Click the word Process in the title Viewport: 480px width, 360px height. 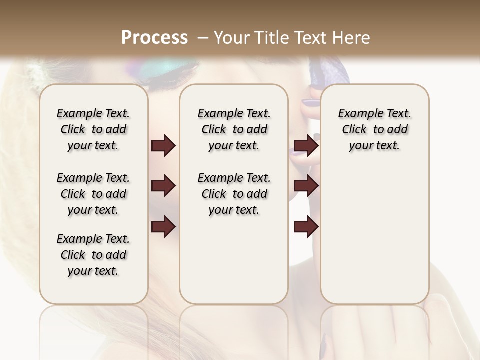pos(154,38)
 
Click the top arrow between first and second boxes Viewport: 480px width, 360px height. pos(163,146)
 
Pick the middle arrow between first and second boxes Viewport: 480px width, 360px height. pos(163,186)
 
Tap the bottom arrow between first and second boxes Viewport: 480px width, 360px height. pos(163,226)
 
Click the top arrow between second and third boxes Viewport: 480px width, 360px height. pos(306,146)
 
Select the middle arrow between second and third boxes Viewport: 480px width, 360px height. pos(306,186)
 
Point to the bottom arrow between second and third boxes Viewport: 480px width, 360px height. pos(306,226)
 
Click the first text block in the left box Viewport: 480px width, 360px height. pos(93,130)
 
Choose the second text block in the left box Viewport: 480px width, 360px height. pos(93,194)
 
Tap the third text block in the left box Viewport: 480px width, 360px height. pos(93,255)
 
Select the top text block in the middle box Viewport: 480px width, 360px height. pos(234,130)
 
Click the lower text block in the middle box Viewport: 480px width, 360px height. pos(234,194)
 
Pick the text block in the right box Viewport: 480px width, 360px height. pos(374,130)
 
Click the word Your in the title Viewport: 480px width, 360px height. pos(231,38)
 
